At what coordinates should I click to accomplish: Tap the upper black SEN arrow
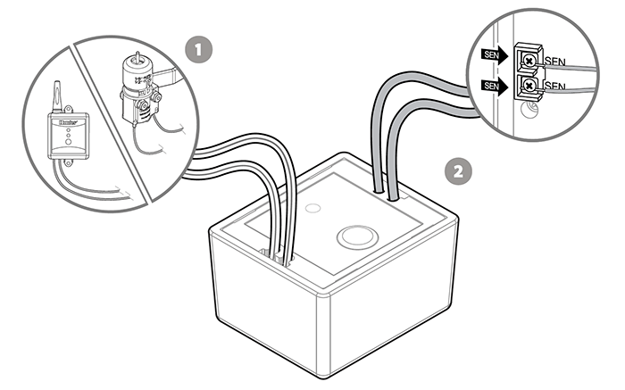(x=491, y=55)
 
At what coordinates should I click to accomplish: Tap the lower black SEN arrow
(x=491, y=86)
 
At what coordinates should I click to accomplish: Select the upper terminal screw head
(x=529, y=60)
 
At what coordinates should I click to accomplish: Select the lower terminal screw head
(x=529, y=87)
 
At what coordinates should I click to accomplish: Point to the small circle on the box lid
(x=312, y=208)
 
